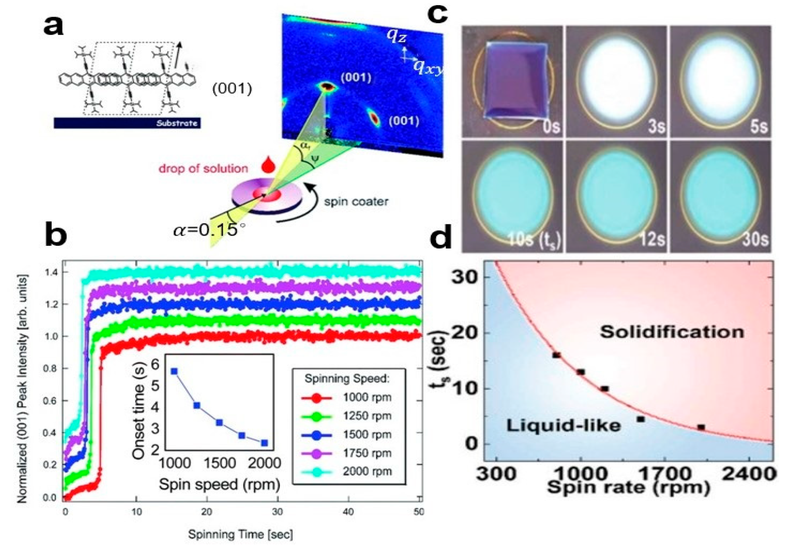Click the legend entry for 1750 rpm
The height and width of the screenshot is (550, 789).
pyautogui.click(x=347, y=453)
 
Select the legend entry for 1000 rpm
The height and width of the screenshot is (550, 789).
pyautogui.click(x=347, y=397)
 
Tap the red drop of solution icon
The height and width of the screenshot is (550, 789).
pyautogui.click(x=268, y=165)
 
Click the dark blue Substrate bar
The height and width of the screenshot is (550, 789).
pyautogui.click(x=127, y=123)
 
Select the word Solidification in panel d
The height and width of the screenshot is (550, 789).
pyautogui.click(x=672, y=332)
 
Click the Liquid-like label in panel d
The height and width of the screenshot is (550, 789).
pyautogui.click(x=564, y=426)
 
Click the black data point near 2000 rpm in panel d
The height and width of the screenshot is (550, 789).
pyautogui.click(x=701, y=428)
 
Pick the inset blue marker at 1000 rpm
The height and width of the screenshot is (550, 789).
pyautogui.click(x=174, y=371)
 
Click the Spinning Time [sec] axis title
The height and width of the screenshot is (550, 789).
pyautogui.click(x=240, y=534)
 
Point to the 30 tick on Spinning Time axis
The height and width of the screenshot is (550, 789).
pyautogui.click(x=277, y=512)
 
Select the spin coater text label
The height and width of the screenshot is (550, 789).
pyautogui.click(x=356, y=201)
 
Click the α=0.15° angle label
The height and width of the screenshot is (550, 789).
pyautogui.click(x=210, y=230)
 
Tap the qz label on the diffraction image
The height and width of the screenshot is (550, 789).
pyautogui.click(x=397, y=36)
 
